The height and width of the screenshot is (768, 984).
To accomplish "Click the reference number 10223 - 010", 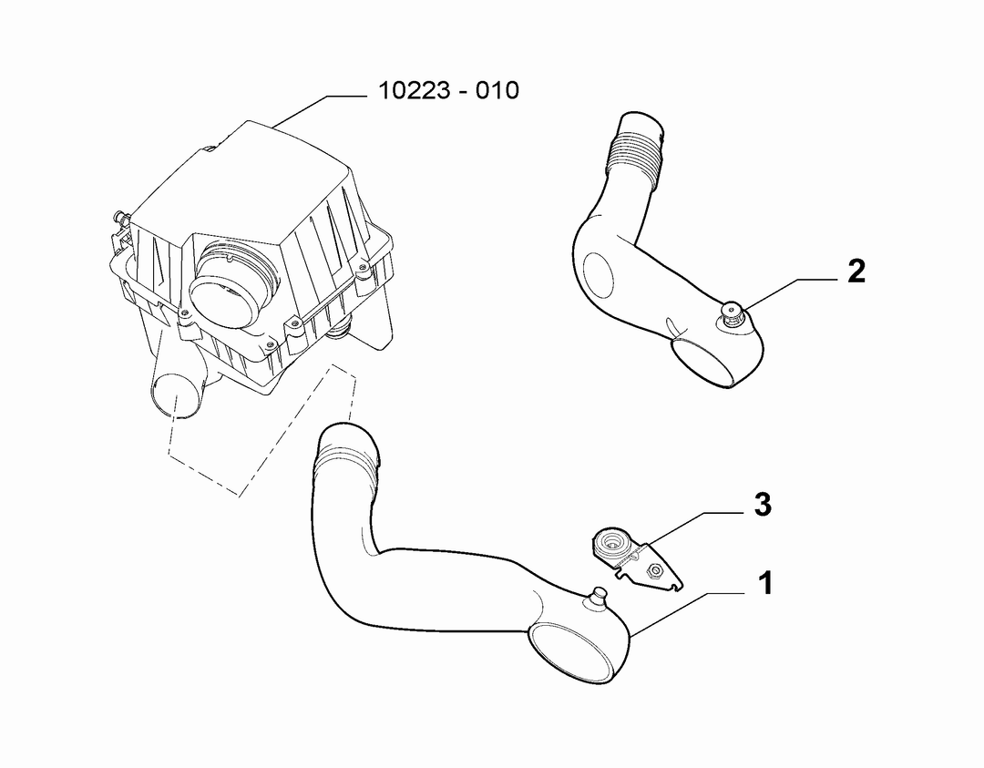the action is pyautogui.click(x=448, y=90).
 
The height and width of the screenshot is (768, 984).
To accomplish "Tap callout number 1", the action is pyautogui.click(x=765, y=584).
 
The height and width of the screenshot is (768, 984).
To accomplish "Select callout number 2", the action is pyautogui.click(x=856, y=271).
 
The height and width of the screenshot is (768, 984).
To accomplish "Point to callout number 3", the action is pyautogui.click(x=763, y=505).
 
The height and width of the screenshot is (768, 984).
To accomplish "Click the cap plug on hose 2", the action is pyautogui.click(x=731, y=312).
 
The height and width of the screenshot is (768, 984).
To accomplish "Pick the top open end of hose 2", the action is pyautogui.click(x=641, y=124).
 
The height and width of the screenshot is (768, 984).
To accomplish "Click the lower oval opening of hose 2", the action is pyautogui.click(x=704, y=360).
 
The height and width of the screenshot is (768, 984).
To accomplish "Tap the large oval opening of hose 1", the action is pyautogui.click(x=570, y=652).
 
